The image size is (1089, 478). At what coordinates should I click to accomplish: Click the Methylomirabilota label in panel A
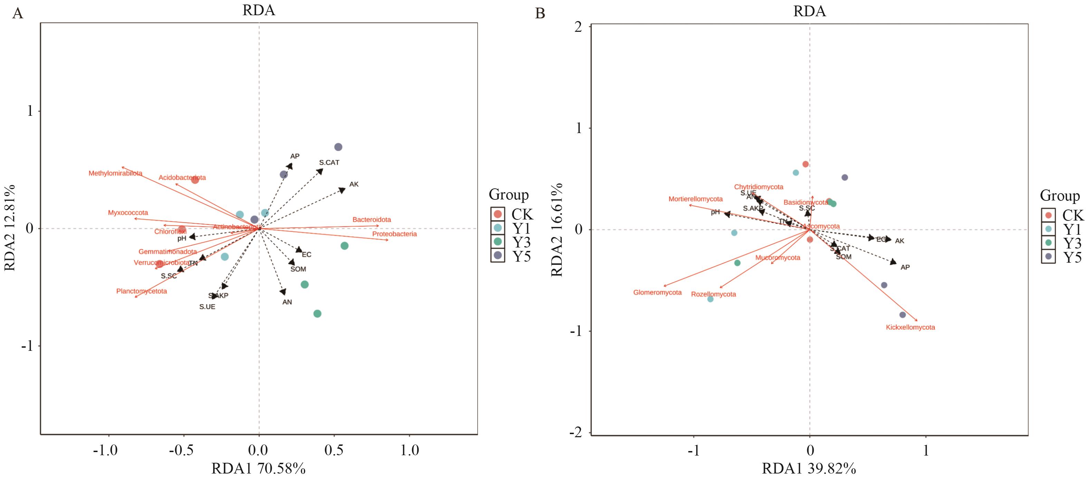(x=115, y=174)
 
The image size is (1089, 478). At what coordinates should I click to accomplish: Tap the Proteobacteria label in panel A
(x=394, y=234)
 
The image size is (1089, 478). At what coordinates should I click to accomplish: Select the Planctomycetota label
(x=141, y=291)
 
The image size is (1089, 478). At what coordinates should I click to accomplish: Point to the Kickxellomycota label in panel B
(x=910, y=327)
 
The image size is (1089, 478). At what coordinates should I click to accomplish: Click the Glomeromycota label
(x=657, y=292)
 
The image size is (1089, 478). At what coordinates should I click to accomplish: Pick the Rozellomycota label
(x=713, y=294)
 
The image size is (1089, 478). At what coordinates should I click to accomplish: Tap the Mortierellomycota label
(x=695, y=199)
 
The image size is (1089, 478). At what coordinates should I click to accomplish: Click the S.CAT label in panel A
(x=329, y=162)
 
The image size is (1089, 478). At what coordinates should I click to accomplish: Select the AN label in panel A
(x=287, y=302)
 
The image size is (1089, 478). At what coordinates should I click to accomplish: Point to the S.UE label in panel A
(x=207, y=307)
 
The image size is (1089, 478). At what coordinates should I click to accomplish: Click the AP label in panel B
(x=905, y=268)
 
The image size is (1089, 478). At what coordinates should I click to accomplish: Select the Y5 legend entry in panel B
(x=1072, y=257)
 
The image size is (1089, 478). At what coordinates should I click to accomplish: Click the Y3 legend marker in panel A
(x=498, y=242)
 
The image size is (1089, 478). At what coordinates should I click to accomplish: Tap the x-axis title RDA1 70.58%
(x=258, y=468)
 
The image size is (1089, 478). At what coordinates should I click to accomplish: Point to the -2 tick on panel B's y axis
(x=575, y=433)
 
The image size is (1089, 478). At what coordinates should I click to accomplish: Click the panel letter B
(x=540, y=13)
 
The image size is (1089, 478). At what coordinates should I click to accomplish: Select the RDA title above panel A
(x=258, y=10)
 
